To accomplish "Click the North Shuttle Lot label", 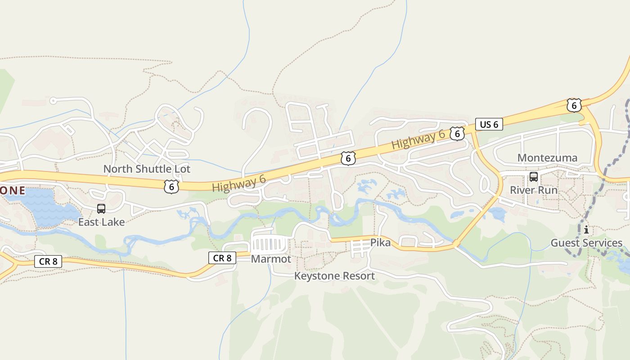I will tap(147, 169).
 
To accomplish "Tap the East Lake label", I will tap(101, 222).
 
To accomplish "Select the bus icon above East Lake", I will tap(101, 209).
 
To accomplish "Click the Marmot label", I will tap(271, 259).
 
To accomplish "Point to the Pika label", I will tap(380, 243).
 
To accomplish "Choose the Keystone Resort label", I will tap(334, 276).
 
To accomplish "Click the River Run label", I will tap(533, 190).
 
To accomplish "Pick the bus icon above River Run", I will tap(534, 177).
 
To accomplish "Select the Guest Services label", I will tap(586, 243).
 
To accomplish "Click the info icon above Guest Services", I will tap(586, 230).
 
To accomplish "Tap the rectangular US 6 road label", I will tap(489, 124).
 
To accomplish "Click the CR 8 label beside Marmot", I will tap(222, 258).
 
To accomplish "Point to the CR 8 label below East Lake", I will tap(49, 261).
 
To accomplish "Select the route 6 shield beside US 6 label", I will tap(457, 134).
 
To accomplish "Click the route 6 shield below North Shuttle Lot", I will tap(171, 187).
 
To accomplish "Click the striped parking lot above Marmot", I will tap(269, 245).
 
